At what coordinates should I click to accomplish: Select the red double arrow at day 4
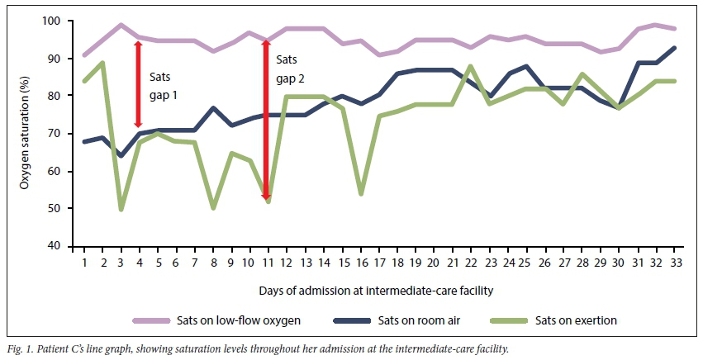click(x=139, y=84)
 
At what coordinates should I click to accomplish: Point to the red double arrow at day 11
click(x=266, y=120)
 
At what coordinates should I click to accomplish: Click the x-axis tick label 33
click(x=676, y=262)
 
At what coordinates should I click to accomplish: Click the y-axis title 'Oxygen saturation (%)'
click(x=26, y=134)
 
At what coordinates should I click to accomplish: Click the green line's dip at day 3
click(x=121, y=209)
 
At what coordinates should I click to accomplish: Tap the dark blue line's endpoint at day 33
click(x=676, y=48)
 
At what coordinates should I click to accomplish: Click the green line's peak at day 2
click(x=102, y=63)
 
